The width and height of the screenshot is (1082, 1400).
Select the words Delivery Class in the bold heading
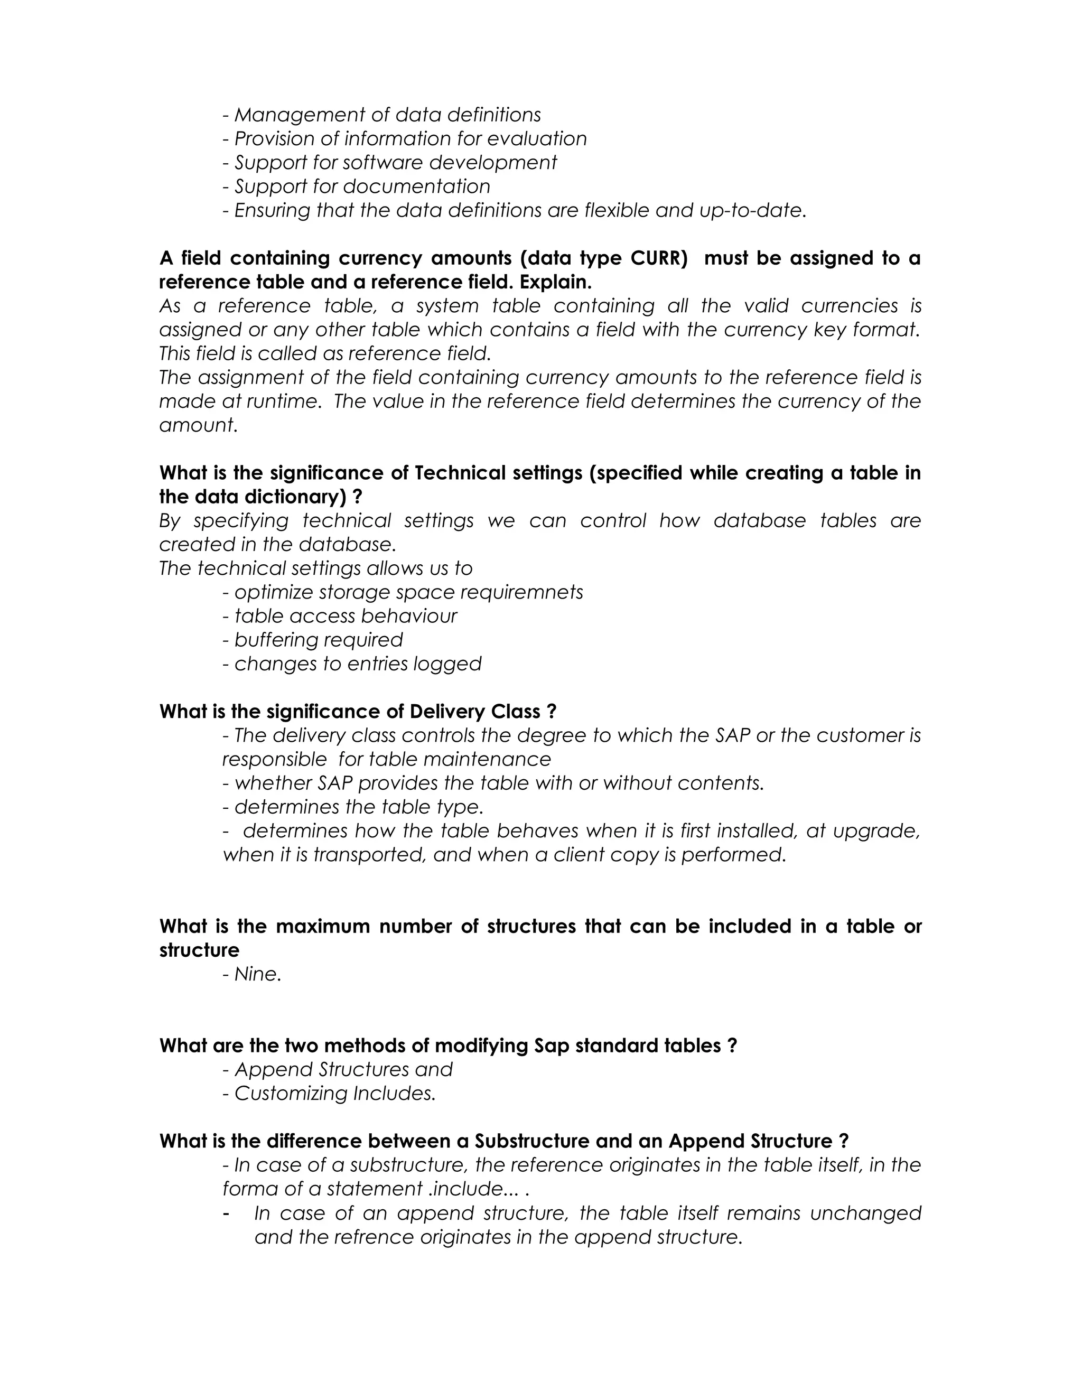475,712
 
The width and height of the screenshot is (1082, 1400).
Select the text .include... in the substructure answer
474,1189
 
